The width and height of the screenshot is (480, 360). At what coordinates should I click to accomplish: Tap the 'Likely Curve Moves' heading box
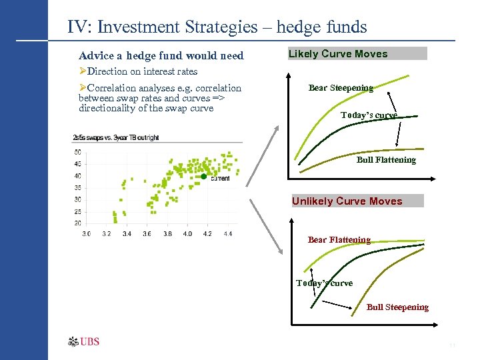click(x=357, y=54)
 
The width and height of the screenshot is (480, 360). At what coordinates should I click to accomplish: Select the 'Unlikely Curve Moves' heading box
click(x=357, y=201)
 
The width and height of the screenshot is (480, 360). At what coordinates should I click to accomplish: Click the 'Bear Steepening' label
click(x=341, y=87)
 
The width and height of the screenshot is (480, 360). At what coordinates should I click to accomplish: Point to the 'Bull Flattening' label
click(x=386, y=160)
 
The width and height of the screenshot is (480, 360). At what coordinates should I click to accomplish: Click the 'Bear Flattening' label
click(x=339, y=240)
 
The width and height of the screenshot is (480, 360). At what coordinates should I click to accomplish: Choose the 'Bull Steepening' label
click(x=397, y=307)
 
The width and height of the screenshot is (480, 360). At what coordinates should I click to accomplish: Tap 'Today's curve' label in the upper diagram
click(x=369, y=115)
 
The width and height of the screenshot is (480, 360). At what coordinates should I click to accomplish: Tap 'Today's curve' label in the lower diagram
click(x=325, y=283)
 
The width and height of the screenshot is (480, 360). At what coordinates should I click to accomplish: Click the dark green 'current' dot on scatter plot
click(x=204, y=177)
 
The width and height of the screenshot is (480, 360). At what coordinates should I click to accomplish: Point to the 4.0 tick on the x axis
click(x=187, y=234)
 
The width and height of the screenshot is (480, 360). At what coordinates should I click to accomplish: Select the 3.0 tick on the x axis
click(x=87, y=234)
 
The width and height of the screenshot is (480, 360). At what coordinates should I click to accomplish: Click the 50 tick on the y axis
click(x=77, y=152)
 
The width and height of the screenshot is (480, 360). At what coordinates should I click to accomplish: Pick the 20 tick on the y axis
click(x=77, y=223)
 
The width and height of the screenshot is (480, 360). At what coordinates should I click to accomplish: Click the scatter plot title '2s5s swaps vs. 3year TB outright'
click(x=115, y=138)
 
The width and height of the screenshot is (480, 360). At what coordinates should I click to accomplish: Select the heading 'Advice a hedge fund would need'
click(x=161, y=56)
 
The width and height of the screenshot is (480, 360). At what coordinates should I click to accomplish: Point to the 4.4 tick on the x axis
click(x=227, y=234)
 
